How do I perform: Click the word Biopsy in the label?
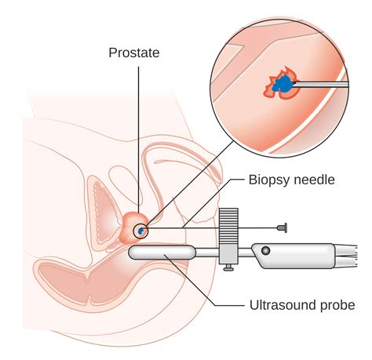[x=268, y=180]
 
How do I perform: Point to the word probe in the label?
[x=338, y=305]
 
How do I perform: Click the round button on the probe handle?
[x=266, y=251]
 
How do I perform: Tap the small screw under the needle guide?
[x=228, y=268]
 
